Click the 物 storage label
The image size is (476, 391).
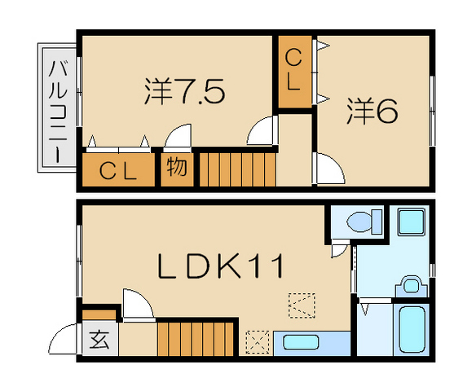(x=177, y=168)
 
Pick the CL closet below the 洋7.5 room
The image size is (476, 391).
(x=117, y=170)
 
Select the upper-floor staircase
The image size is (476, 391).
(x=237, y=168)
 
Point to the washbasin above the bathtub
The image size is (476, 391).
(x=411, y=285)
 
